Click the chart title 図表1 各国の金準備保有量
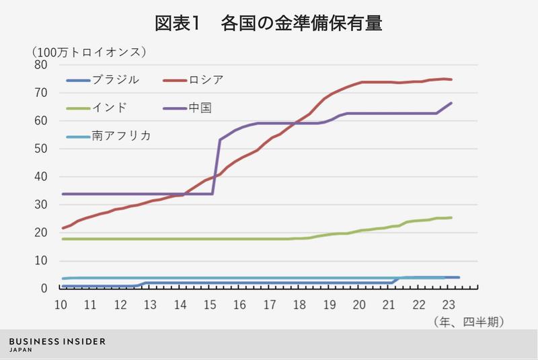pos(269,25)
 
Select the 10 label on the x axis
pos(61,303)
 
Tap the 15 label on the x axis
pos(210,303)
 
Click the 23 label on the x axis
pos(449,303)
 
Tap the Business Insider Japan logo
pos(57,345)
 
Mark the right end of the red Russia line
pos(451,79)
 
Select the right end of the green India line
pos(451,217)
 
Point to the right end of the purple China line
pos(451,103)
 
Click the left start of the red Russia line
pos(62,228)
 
